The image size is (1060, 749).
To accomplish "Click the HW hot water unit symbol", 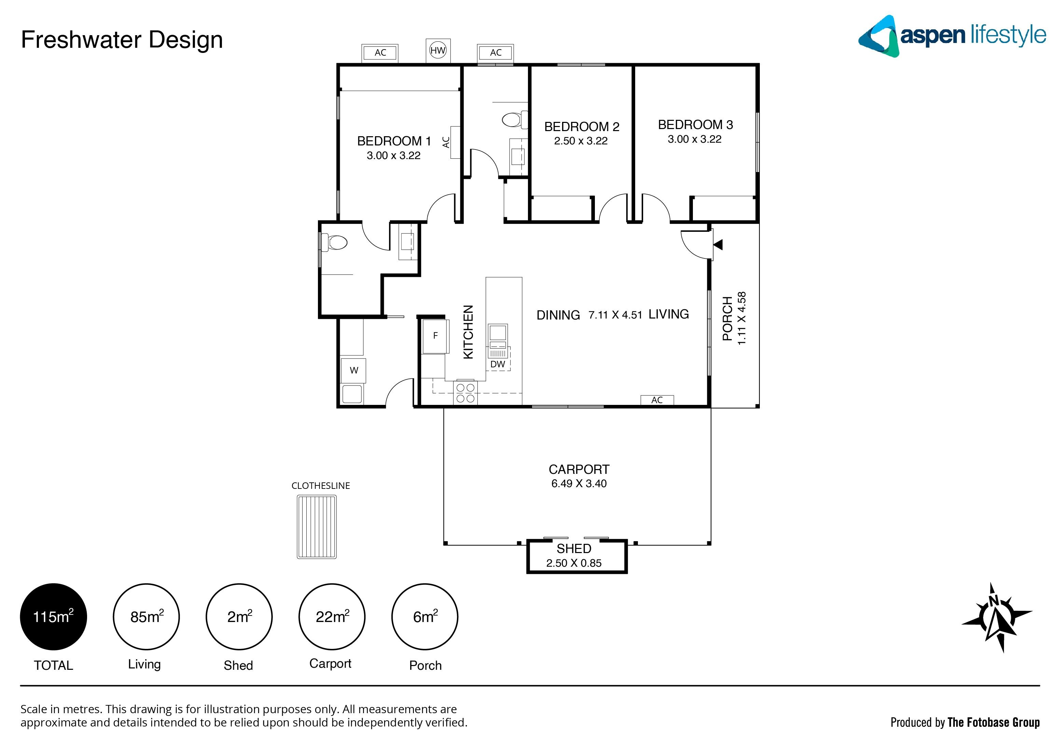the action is (x=438, y=50).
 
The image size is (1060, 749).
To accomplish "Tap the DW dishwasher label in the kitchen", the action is (x=498, y=364).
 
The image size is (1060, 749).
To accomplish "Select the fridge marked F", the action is (x=435, y=336).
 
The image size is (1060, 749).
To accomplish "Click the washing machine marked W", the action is (x=354, y=370).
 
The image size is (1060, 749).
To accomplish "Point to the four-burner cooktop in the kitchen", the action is (x=465, y=393).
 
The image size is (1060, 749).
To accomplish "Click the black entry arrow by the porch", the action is (x=719, y=244).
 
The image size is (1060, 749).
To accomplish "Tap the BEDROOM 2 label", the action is (x=582, y=126).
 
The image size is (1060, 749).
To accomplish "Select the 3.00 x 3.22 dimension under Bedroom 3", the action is (x=694, y=139).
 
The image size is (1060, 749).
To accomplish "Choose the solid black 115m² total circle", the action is (x=54, y=617).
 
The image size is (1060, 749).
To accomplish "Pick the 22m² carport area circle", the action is (x=332, y=617).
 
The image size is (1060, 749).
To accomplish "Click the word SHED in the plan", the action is (x=574, y=549).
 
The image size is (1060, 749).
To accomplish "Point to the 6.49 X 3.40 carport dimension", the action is (x=579, y=484).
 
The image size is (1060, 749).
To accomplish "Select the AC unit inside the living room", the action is (x=657, y=400).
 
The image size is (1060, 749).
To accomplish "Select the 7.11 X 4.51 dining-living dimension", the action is (x=615, y=315).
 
